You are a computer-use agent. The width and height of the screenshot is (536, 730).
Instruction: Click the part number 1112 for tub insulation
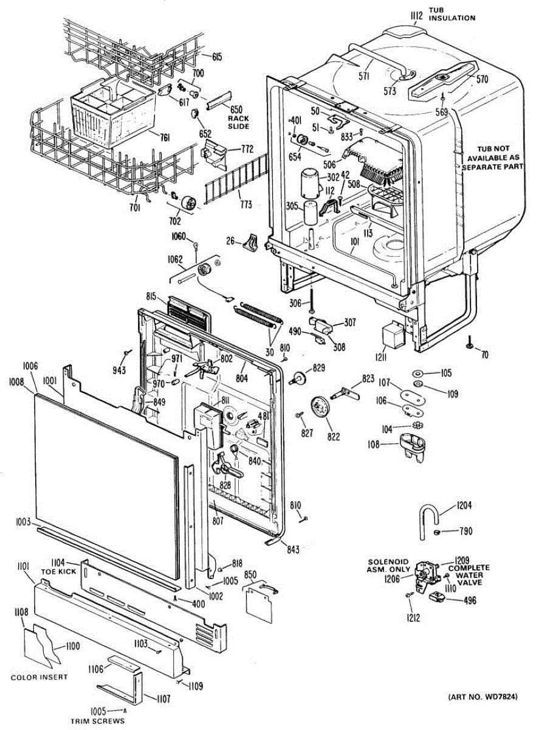pyautogui.click(x=416, y=15)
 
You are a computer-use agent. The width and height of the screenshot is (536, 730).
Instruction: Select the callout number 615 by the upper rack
pyautogui.click(x=217, y=57)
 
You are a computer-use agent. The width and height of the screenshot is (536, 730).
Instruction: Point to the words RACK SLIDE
pyautogui.click(x=238, y=122)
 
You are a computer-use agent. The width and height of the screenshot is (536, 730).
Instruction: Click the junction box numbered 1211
pyautogui.click(x=393, y=336)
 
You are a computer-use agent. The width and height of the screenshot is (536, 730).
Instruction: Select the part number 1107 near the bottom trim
pyautogui.click(x=163, y=699)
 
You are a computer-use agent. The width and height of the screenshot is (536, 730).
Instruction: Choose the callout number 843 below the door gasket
pyautogui.click(x=292, y=549)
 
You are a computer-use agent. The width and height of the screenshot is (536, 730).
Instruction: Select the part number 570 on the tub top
pyautogui.click(x=483, y=79)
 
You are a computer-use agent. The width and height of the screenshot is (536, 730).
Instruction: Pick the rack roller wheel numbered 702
pyautogui.click(x=189, y=203)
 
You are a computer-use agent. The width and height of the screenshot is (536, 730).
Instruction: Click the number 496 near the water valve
pyautogui.click(x=469, y=600)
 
